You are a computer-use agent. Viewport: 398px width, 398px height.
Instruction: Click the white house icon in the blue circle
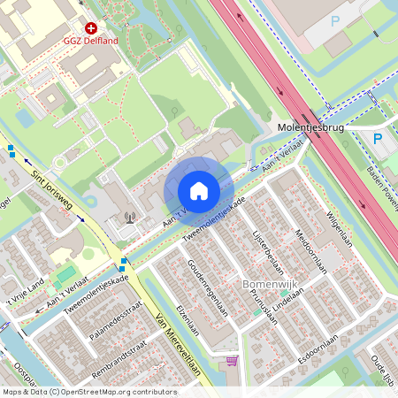[x=198, y=191]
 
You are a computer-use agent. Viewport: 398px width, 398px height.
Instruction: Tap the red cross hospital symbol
[x=91, y=28]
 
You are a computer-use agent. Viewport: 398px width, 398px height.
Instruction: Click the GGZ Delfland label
[x=92, y=41]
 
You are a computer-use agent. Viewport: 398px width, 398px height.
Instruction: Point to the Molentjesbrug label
[x=310, y=127]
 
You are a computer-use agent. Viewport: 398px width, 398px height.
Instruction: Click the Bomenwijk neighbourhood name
[x=266, y=285]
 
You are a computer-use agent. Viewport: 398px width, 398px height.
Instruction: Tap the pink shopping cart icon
[x=232, y=362]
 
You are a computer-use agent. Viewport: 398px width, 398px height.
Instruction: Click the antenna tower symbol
[x=131, y=218]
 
